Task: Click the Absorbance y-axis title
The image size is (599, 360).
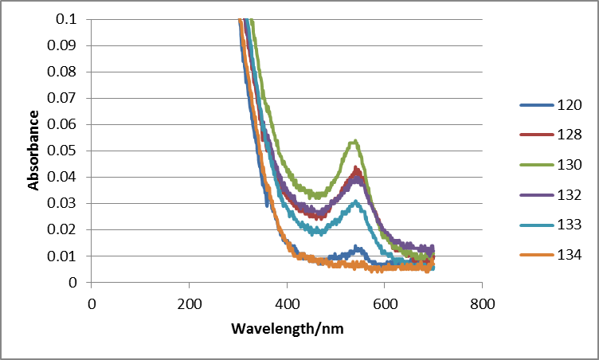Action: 34,150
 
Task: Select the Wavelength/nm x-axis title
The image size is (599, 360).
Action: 287,328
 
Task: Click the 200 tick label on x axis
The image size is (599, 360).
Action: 189,303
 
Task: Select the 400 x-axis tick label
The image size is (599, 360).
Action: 287,303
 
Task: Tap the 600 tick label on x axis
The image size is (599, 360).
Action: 384,303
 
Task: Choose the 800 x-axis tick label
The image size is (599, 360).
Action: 482,303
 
